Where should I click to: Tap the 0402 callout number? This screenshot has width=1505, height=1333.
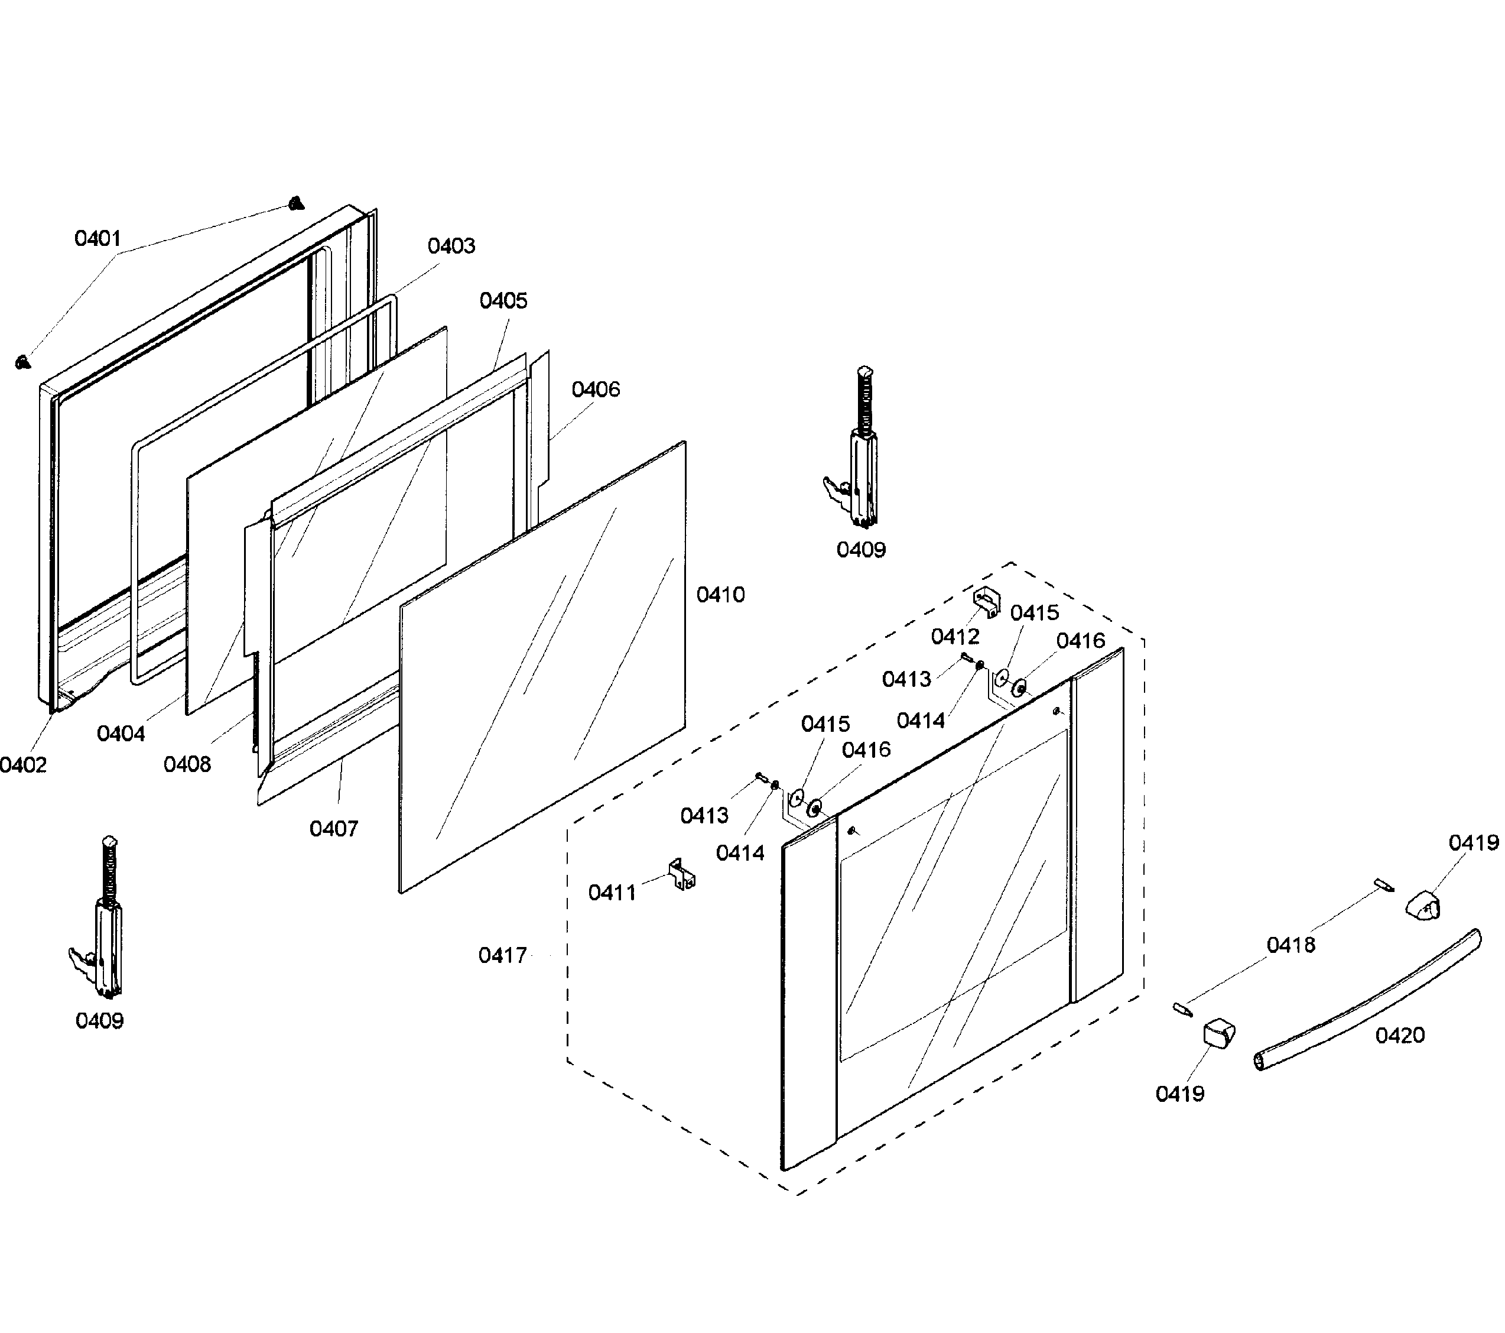coord(23,765)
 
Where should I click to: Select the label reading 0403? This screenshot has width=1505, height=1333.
coord(451,246)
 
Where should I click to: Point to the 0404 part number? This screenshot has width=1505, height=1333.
coord(121,734)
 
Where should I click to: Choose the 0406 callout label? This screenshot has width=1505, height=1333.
coord(596,389)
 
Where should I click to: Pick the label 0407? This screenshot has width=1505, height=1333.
coord(333,829)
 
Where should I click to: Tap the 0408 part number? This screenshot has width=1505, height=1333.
coord(187,764)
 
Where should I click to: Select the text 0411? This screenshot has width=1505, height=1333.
coord(612,893)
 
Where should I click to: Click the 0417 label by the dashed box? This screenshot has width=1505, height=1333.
coord(503,956)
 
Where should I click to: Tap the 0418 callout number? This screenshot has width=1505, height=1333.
coord(1291,945)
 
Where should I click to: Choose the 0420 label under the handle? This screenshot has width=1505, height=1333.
coord(1400,1036)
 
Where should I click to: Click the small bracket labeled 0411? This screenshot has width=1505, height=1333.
coord(682,874)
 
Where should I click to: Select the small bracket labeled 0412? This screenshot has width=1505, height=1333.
coord(988,602)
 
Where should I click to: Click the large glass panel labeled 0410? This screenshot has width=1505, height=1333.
coord(542,667)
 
